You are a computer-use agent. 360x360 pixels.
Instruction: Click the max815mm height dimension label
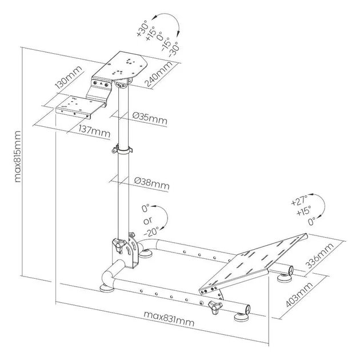18,157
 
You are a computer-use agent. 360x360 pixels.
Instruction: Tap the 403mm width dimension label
299,295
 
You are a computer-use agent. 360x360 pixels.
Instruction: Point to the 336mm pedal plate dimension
319,255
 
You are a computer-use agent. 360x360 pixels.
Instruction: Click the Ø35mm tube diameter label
150,119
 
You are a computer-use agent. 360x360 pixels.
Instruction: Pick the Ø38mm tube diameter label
152,183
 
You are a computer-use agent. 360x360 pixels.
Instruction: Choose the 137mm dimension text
94,132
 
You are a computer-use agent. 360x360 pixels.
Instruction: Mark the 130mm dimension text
68,77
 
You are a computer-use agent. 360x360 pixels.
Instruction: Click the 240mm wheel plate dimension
159,74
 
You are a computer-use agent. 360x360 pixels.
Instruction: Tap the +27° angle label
299,201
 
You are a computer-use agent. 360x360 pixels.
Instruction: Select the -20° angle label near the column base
151,232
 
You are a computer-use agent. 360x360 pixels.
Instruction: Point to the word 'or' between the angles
147,221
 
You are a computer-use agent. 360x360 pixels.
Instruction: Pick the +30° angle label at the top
143,29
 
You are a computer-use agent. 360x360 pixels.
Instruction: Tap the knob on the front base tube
215,307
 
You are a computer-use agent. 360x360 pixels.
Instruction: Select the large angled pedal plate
253,264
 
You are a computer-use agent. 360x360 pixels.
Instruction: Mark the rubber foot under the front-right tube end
242,317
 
